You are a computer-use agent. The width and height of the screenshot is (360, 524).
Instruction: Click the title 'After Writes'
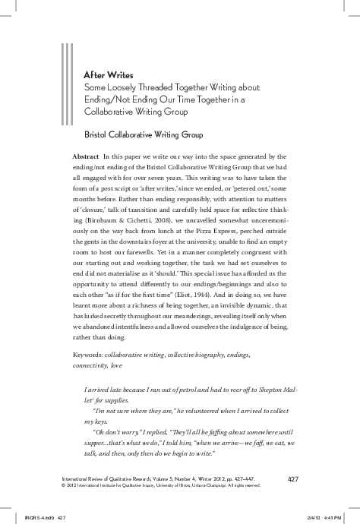click(x=109, y=76)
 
